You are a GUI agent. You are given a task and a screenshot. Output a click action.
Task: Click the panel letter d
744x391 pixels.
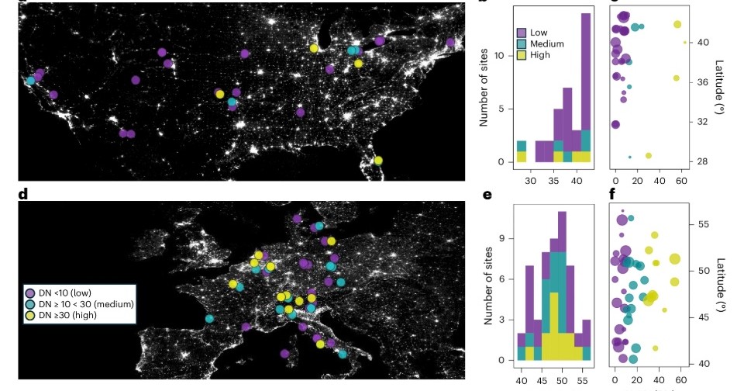[23, 194]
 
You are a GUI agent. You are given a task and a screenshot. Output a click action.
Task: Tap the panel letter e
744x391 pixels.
[487, 194]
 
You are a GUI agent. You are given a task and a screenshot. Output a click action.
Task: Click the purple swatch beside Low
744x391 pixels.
[522, 33]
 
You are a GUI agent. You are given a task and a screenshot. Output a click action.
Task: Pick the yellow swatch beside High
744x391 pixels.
[522, 56]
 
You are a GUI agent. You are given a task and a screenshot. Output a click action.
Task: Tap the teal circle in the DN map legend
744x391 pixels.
[30, 304]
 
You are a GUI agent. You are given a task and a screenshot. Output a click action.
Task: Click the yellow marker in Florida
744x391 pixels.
[377, 161]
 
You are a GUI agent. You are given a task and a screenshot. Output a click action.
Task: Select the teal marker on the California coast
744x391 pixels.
[30, 81]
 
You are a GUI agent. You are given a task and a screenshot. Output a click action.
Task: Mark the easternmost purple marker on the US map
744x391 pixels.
[450, 42]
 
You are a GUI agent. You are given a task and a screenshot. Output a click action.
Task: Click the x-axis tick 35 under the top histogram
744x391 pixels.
[554, 181]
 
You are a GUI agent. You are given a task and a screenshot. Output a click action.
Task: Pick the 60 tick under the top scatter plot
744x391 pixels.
[681, 181]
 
